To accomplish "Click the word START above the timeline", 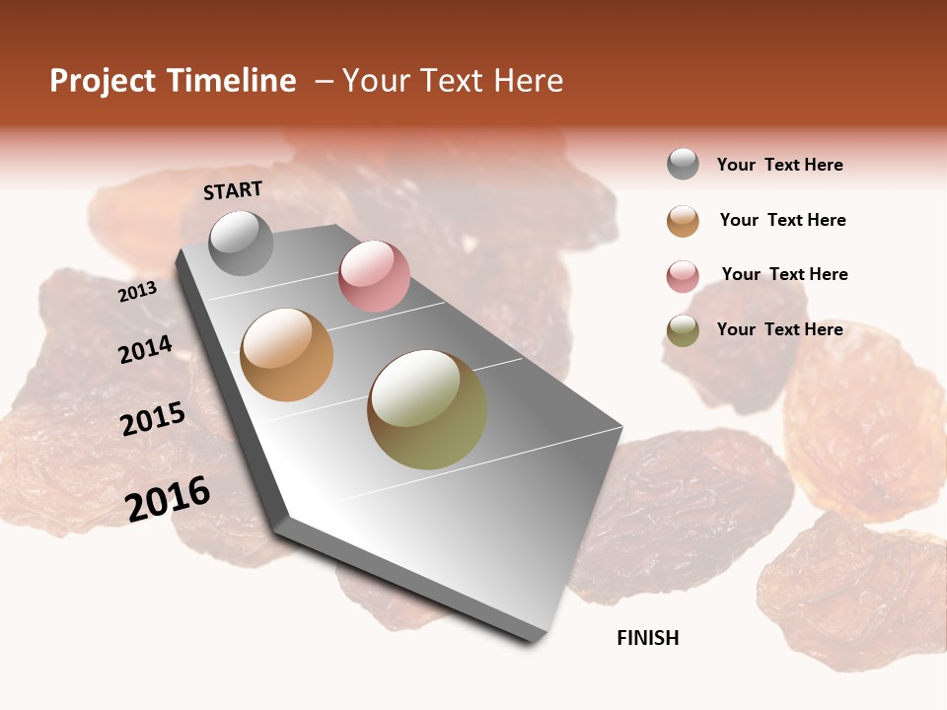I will click(233, 190).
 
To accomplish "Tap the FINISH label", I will click(647, 638).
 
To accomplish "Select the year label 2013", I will click(137, 292).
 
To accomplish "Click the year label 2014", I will click(145, 349).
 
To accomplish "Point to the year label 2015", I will click(153, 419).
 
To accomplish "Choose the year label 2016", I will click(168, 499).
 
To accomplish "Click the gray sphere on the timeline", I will click(242, 243).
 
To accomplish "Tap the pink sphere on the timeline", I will click(374, 276).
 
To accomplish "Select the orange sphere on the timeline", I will click(287, 355).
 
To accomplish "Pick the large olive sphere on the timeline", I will click(427, 409).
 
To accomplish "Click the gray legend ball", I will click(683, 164).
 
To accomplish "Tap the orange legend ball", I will click(683, 221).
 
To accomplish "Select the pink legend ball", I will click(683, 275).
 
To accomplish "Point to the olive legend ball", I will click(683, 330).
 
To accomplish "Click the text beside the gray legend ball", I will click(779, 165).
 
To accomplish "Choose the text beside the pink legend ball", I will click(784, 274).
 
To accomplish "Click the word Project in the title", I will click(103, 81).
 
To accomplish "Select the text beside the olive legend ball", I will click(779, 329).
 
